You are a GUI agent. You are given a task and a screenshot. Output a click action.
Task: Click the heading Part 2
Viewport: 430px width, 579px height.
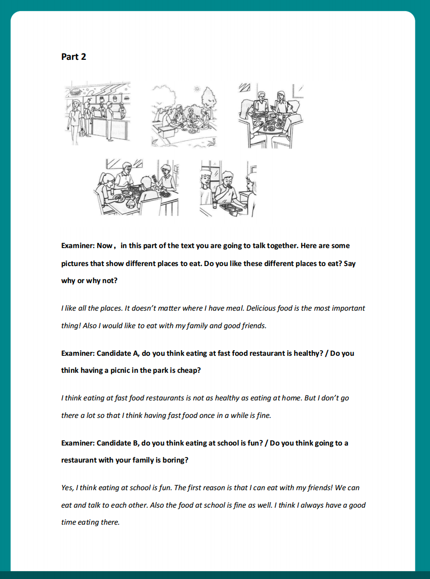click(73, 57)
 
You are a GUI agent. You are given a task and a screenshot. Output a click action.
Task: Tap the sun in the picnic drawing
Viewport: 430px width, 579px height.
click(197, 89)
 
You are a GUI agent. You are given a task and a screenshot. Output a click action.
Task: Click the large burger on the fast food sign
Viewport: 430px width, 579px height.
click(76, 92)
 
